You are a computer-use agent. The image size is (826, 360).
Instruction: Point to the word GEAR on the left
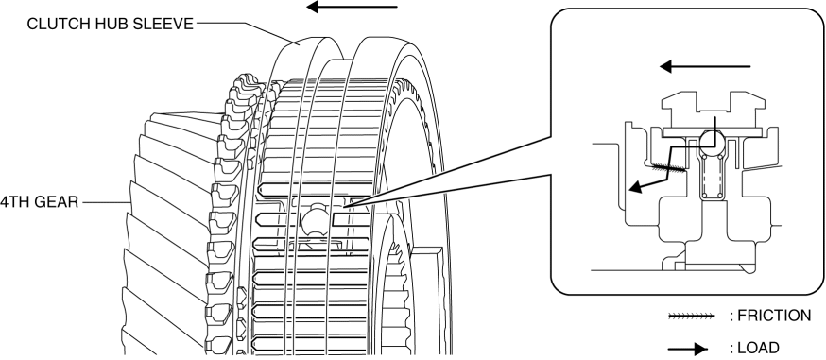pyautogui.click(x=59, y=201)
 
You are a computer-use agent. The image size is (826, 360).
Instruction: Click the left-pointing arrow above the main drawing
pyautogui.click(x=352, y=7)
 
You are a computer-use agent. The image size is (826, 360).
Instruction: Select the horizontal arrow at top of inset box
pyautogui.click(x=705, y=67)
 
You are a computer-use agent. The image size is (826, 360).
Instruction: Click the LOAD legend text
pyautogui.click(x=754, y=348)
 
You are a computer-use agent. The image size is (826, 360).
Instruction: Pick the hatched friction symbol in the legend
pyautogui.click(x=691, y=317)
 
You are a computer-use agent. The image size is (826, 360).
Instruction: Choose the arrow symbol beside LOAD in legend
pyautogui.click(x=687, y=349)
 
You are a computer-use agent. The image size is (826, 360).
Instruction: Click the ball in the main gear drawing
pyautogui.click(x=316, y=220)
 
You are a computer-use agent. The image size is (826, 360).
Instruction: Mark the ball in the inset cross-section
pyautogui.click(x=712, y=140)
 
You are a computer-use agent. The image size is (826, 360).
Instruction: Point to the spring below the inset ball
pyautogui.click(x=712, y=174)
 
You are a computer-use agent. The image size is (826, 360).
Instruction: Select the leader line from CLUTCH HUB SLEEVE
pyautogui.click(x=245, y=33)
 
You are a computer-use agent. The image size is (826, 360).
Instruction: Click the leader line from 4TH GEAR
pyautogui.click(x=106, y=201)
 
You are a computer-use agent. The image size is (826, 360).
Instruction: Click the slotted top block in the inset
pyautogui.click(x=713, y=110)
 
